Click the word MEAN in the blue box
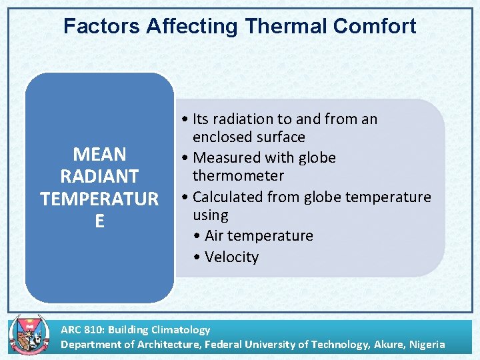point(99,155)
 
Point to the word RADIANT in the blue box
point(99,177)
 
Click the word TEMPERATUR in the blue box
point(99,199)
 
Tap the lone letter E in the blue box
point(99,221)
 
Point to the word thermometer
point(238,176)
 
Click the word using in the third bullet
point(210,215)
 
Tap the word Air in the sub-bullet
point(216,236)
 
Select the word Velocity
point(232,257)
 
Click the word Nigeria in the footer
point(427,345)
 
